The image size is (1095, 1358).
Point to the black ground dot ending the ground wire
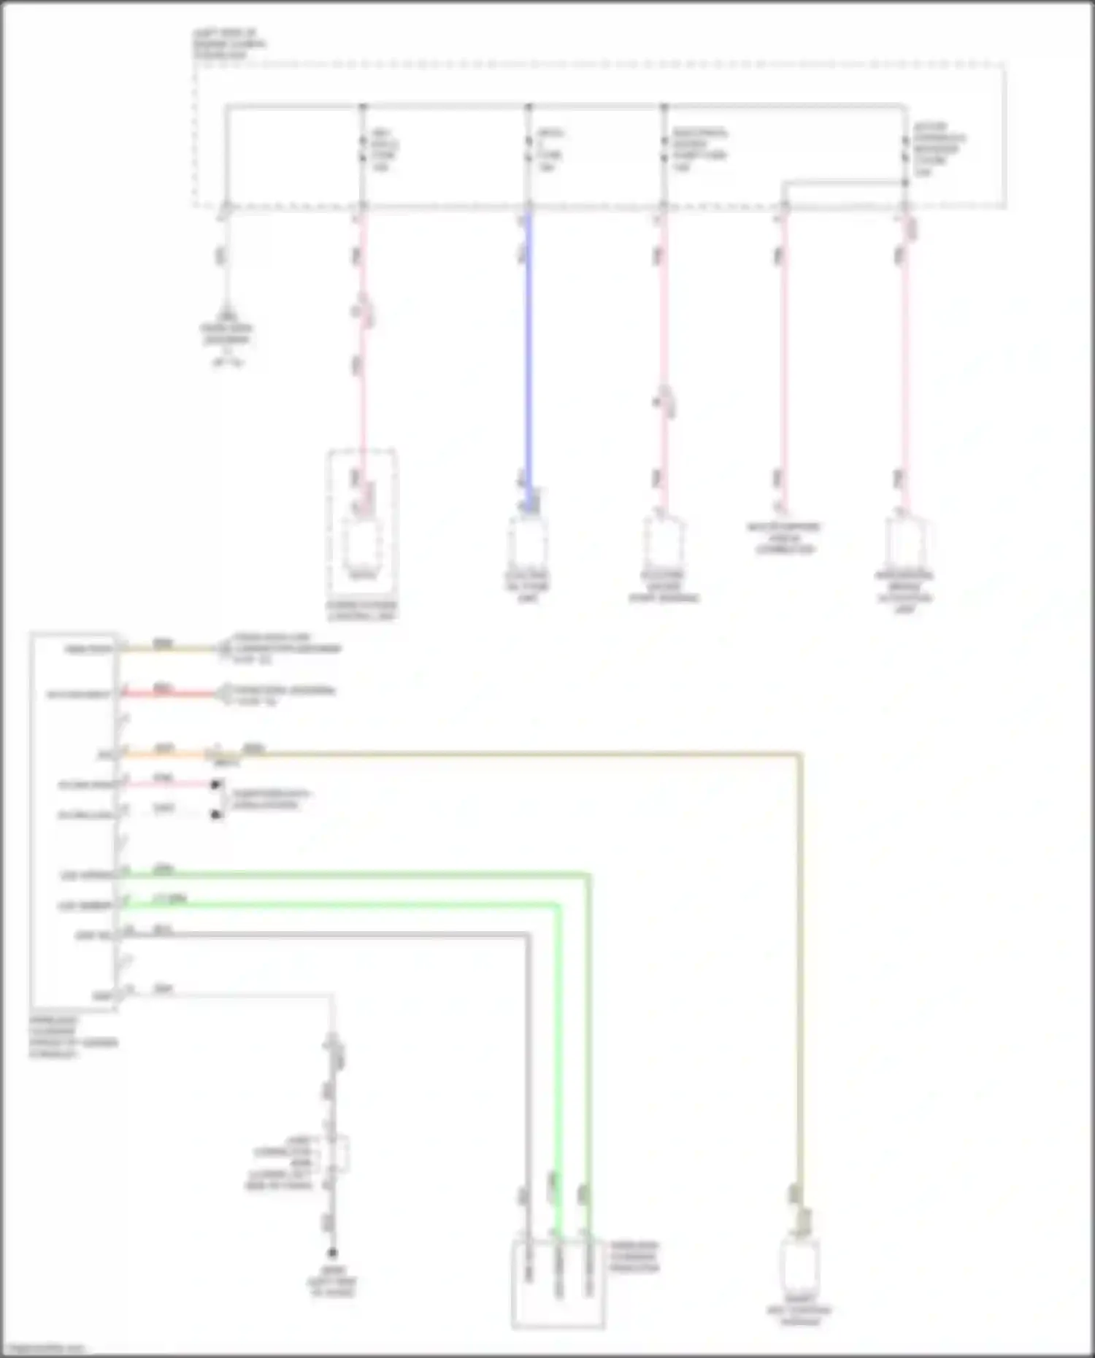click(x=332, y=1253)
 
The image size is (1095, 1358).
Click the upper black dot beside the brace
click(x=216, y=785)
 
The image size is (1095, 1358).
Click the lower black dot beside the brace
click(x=216, y=814)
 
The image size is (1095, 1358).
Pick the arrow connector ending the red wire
click(x=223, y=693)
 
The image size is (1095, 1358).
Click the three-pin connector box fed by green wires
click(x=558, y=1284)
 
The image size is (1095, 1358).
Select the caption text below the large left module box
click(x=73, y=1037)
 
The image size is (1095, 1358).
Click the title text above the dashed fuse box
click(x=229, y=44)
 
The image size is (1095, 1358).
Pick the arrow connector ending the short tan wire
click(x=223, y=649)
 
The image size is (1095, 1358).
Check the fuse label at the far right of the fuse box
click(x=938, y=150)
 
